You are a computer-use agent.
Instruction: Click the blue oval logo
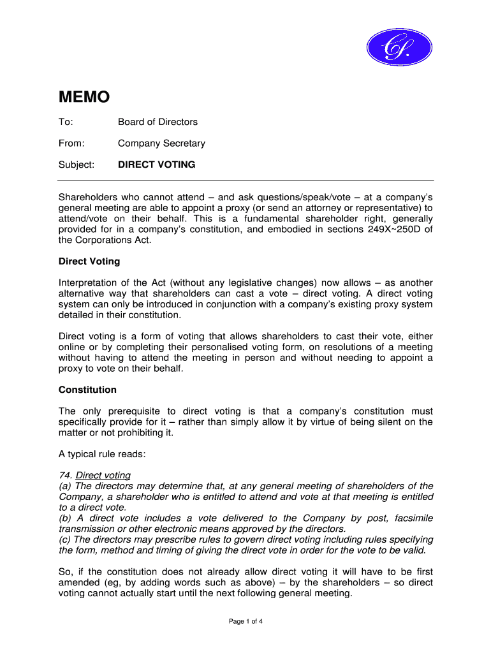click(x=399, y=47)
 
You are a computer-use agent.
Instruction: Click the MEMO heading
click(x=84, y=97)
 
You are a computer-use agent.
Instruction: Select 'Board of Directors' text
click(x=158, y=122)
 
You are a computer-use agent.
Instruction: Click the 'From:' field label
click(x=71, y=143)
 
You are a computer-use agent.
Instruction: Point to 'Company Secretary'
click(x=161, y=143)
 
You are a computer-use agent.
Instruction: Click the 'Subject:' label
click(x=77, y=165)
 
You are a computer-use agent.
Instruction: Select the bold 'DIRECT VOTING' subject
click(x=157, y=165)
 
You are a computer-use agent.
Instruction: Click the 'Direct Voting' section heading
click(x=89, y=261)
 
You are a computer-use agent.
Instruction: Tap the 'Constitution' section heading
click(x=87, y=390)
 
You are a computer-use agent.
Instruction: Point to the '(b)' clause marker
click(x=65, y=518)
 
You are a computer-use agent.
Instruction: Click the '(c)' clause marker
click(x=65, y=539)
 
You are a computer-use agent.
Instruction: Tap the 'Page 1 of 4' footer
click(x=246, y=622)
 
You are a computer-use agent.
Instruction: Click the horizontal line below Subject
click(x=246, y=180)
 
